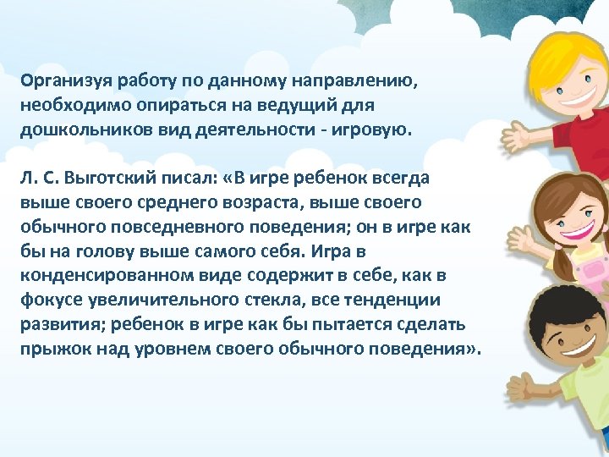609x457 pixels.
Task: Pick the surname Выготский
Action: [x=111, y=179]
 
